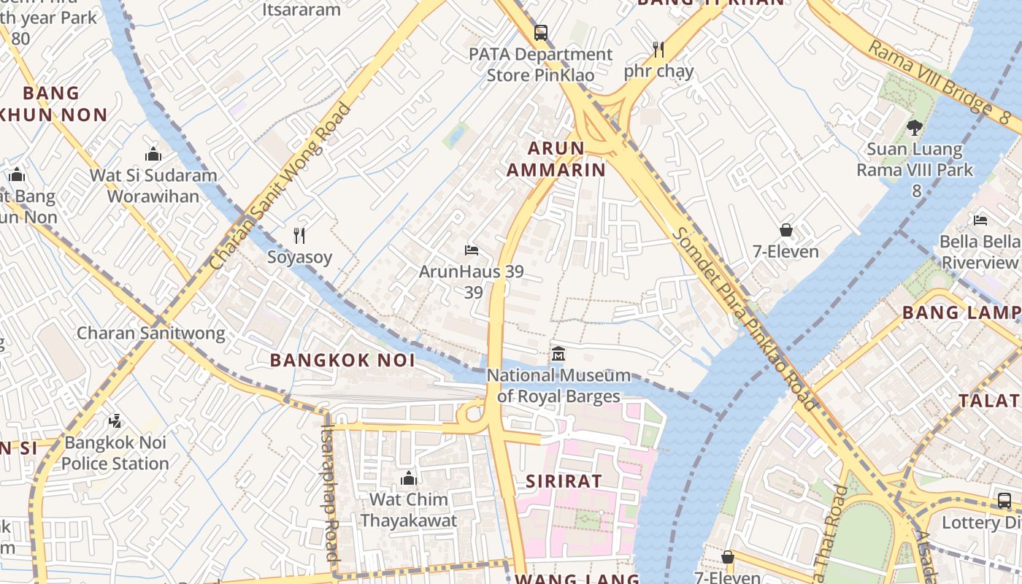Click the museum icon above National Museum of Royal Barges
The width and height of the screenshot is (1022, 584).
point(558,354)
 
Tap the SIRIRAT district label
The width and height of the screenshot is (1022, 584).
point(564,481)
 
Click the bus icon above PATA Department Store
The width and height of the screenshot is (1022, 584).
point(540,33)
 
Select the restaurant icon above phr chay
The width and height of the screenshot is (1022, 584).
point(658,50)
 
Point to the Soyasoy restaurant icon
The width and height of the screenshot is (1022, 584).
point(299,235)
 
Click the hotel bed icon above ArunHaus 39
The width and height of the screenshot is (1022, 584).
point(472,250)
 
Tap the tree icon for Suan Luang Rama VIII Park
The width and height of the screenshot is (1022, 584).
point(914,128)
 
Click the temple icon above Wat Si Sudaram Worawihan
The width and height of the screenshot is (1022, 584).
point(153,154)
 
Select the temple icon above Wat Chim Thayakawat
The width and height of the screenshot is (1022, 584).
point(409,478)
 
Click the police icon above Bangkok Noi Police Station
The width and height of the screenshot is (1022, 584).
point(115,421)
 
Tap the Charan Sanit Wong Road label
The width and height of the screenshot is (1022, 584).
point(281,187)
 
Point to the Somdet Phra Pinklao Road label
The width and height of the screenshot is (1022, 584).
point(745,318)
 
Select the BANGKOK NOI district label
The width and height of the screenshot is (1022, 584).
point(342,360)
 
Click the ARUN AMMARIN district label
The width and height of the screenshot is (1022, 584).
point(566,159)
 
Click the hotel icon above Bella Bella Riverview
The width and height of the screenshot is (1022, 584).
point(980,220)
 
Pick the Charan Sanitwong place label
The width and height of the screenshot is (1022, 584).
point(151,333)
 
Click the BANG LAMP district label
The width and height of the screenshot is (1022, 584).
point(961,313)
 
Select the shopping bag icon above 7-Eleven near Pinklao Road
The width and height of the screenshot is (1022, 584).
point(786,230)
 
